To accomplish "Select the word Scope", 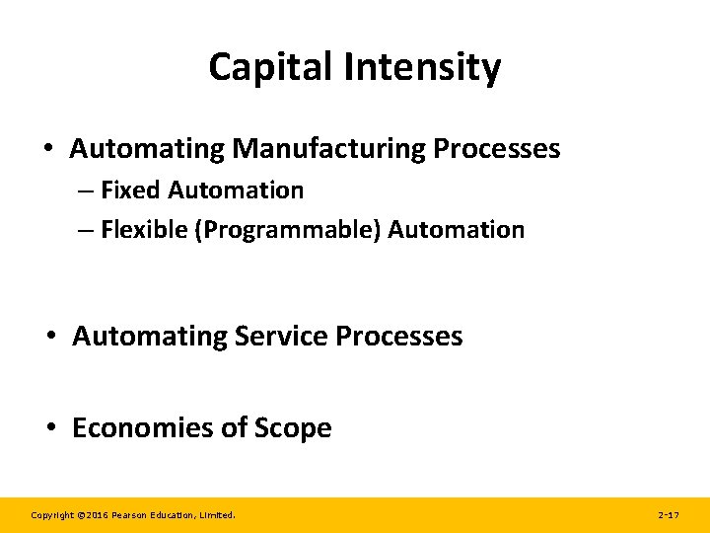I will (x=293, y=428).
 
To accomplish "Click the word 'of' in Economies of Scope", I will (x=236, y=428).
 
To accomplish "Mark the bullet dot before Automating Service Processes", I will (x=51, y=338).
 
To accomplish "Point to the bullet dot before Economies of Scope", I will (x=51, y=429).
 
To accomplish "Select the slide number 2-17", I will (x=668, y=515).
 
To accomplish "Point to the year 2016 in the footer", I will (x=95, y=515).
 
